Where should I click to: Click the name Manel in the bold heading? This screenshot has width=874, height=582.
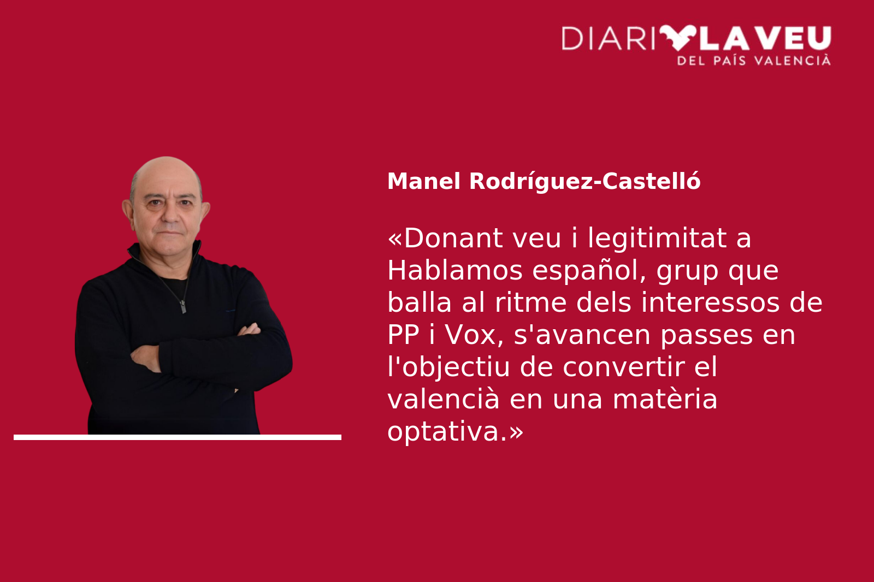click(424, 181)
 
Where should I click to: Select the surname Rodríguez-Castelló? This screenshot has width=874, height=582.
click(585, 182)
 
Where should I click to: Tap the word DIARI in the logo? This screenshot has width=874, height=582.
click(608, 38)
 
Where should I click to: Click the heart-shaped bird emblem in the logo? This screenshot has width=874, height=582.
click(678, 37)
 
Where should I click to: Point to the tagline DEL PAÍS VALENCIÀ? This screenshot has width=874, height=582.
click(754, 60)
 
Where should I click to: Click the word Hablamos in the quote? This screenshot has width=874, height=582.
click(455, 270)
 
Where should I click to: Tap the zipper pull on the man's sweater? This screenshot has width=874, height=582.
click(182, 307)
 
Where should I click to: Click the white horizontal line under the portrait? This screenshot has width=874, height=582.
click(178, 437)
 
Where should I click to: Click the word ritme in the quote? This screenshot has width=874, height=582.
click(530, 302)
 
